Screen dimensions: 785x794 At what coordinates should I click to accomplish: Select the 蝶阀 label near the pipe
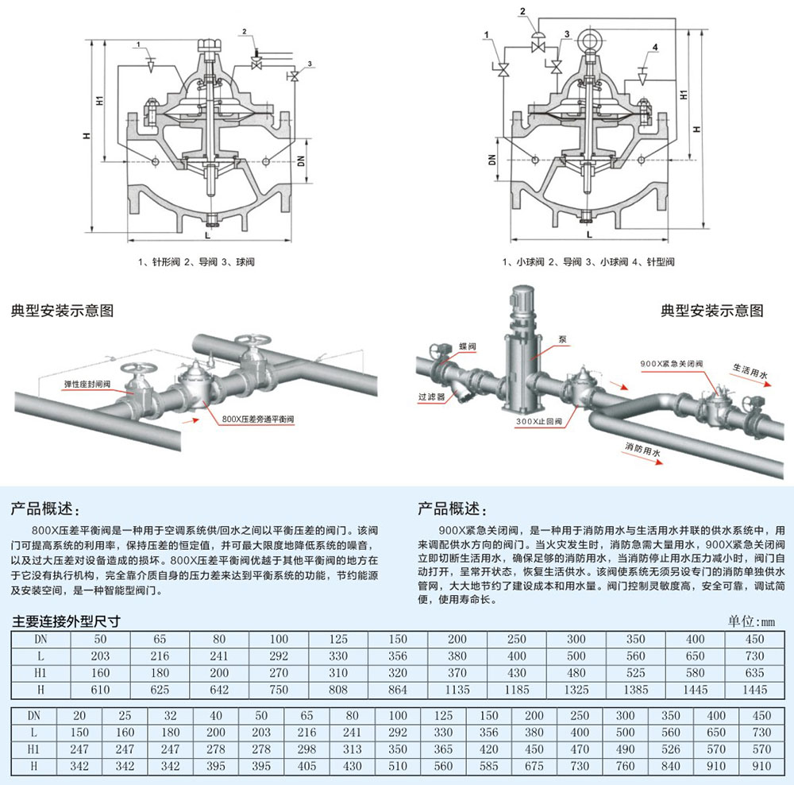click(467, 347)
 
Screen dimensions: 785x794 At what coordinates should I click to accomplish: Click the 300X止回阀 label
click(538, 421)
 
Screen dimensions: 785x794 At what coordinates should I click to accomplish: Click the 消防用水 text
click(644, 450)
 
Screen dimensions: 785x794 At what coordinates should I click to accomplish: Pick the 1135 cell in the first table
click(457, 690)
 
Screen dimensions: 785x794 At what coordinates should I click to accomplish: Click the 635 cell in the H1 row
click(755, 673)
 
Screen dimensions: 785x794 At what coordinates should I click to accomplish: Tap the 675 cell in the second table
click(534, 766)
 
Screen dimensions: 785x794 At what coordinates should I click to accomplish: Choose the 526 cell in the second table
click(670, 749)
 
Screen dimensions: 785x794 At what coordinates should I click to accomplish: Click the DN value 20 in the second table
click(79, 716)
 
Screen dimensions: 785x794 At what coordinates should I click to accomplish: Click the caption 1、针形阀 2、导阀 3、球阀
click(195, 261)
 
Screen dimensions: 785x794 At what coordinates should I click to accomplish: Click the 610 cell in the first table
click(100, 690)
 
